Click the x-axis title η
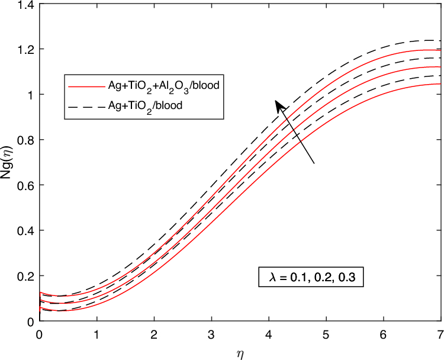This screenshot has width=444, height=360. point(239,353)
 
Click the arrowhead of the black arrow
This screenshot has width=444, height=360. point(278,105)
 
